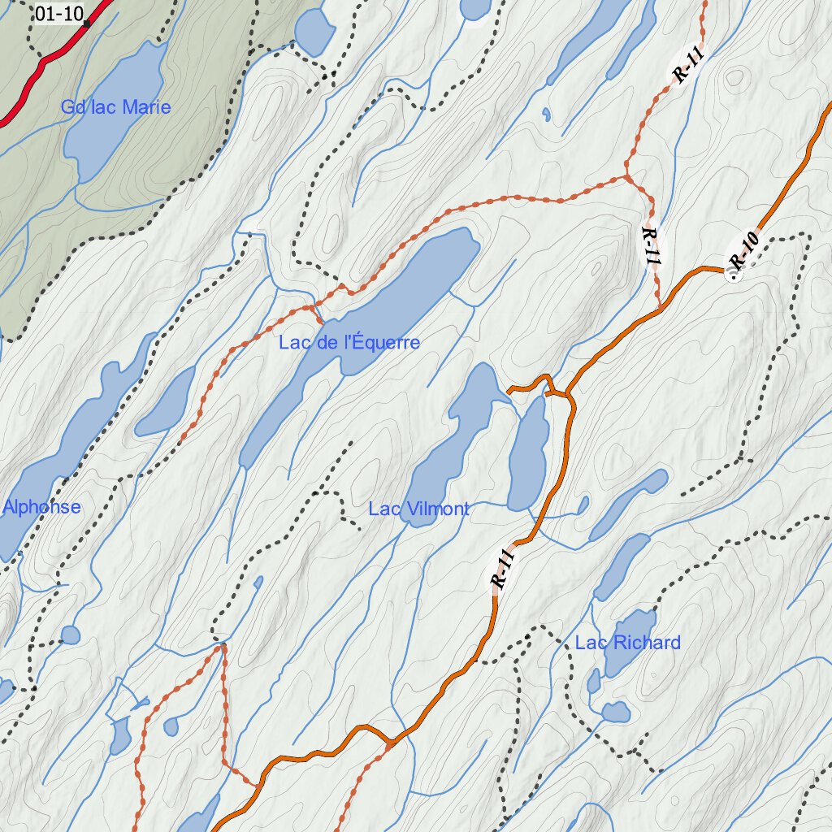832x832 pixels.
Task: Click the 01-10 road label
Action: [59, 13]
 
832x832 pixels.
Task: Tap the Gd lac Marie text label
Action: [116, 107]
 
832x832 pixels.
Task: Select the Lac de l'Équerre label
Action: [349, 343]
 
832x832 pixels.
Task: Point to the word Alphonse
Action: [42, 507]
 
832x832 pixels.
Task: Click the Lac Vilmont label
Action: [418, 509]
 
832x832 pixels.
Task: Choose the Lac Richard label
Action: [627, 643]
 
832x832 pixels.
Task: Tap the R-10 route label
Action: [743, 251]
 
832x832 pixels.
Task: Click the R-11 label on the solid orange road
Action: [503, 569]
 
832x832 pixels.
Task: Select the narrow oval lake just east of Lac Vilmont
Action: [527, 455]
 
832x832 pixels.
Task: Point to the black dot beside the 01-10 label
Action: [86, 24]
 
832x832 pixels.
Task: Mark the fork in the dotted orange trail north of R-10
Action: [626, 175]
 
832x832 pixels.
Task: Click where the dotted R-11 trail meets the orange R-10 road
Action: [660, 308]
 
